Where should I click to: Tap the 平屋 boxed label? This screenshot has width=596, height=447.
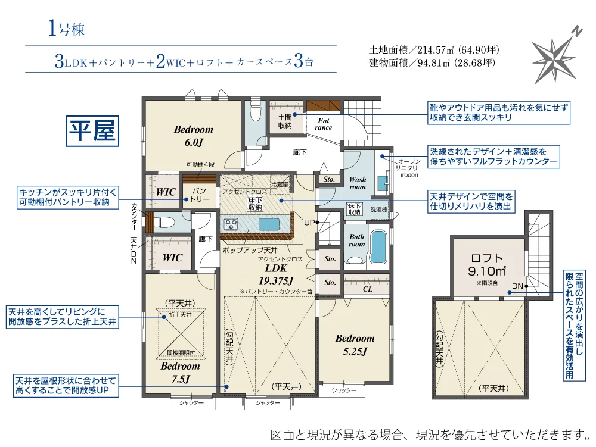(x=92, y=131)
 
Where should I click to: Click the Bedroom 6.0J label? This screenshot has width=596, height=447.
(x=194, y=136)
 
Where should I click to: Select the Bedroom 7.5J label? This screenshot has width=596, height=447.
(x=180, y=372)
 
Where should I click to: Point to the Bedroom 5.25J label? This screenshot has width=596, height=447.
(x=355, y=345)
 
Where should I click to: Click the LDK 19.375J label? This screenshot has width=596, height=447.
(x=276, y=274)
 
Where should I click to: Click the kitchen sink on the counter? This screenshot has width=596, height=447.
(x=269, y=224)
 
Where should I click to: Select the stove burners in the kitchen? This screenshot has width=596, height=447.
(x=231, y=224)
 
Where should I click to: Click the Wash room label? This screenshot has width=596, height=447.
(x=358, y=183)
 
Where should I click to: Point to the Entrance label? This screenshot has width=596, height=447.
(x=324, y=124)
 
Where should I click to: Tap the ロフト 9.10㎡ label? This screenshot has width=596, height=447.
(x=487, y=265)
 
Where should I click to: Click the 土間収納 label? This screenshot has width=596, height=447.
(x=285, y=121)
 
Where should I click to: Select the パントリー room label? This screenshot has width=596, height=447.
(x=199, y=195)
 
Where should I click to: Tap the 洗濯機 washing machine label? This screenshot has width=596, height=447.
(x=379, y=210)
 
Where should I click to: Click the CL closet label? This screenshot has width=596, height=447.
(x=368, y=289)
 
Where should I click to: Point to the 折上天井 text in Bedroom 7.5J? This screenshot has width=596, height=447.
(x=180, y=315)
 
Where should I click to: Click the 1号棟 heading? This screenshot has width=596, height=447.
(x=66, y=29)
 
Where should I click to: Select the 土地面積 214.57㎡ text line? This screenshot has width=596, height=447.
(x=434, y=50)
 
